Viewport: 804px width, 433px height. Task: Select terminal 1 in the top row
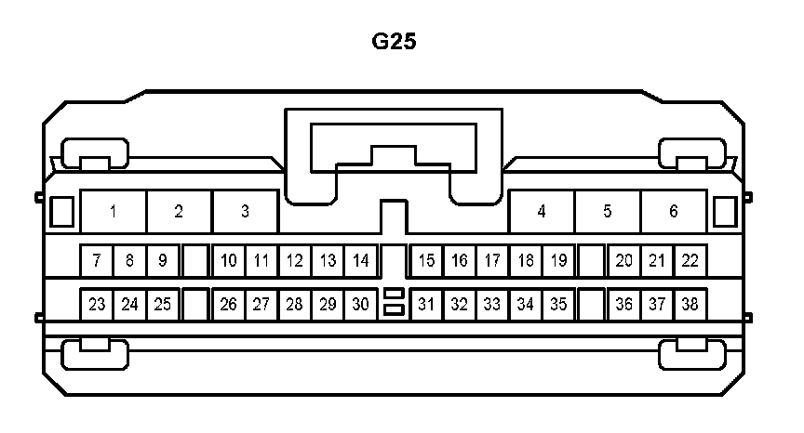click(113, 212)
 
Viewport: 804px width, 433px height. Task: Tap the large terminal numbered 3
click(246, 212)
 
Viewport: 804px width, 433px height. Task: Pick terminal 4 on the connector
click(542, 212)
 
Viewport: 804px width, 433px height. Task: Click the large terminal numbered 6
click(674, 212)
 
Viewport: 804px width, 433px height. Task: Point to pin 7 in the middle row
click(97, 261)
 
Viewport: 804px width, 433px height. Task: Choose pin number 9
click(162, 261)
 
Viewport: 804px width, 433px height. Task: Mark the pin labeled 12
click(294, 261)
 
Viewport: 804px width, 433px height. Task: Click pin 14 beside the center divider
click(361, 261)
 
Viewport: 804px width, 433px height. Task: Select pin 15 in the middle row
click(426, 261)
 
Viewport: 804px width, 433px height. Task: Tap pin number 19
click(558, 261)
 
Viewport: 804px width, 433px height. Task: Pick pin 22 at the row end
click(690, 261)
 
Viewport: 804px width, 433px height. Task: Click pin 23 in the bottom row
click(97, 304)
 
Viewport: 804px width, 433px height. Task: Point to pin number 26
click(229, 304)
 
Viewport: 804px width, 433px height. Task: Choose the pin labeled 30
click(361, 304)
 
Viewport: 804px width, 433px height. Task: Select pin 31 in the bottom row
click(426, 304)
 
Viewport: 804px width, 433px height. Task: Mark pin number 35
click(558, 304)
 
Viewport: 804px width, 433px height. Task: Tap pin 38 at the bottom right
click(690, 304)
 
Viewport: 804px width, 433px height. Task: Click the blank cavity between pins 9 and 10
click(194, 261)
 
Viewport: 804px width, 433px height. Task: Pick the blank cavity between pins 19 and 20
click(591, 261)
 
